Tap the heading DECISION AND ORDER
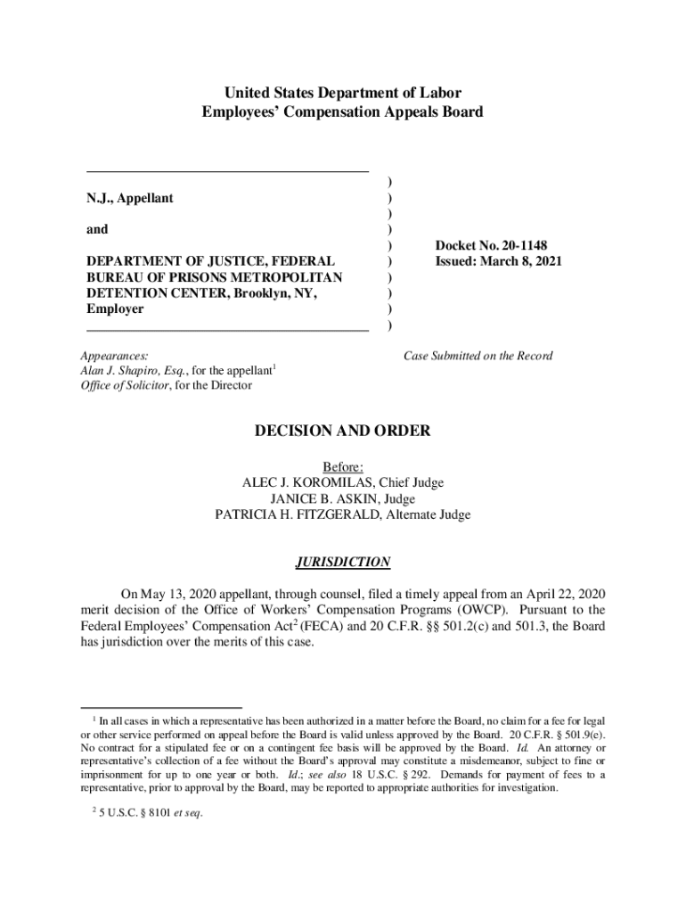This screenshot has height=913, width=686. pyautogui.click(x=342, y=432)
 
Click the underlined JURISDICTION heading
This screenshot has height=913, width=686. pyautogui.click(x=342, y=563)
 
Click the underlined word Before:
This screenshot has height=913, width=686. pyautogui.click(x=343, y=466)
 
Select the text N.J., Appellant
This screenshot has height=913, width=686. pyautogui.click(x=129, y=198)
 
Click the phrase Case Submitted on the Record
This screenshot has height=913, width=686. pyautogui.click(x=478, y=356)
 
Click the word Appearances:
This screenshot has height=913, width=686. pyautogui.click(x=115, y=356)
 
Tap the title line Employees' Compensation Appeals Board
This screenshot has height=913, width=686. pyautogui.click(x=342, y=112)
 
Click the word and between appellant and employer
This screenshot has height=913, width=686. pyautogui.click(x=97, y=229)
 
